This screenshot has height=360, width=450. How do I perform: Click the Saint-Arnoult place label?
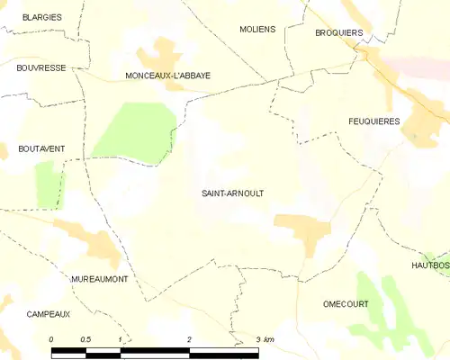coord(233,193)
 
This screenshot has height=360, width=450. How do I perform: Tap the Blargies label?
coord(41,17)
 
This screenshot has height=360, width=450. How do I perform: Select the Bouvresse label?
coord(40,67)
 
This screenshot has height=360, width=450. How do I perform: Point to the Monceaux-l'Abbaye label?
coord(168,76)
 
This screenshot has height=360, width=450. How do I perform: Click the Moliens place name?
coord(257,30)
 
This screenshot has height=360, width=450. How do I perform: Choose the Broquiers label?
coord(338,33)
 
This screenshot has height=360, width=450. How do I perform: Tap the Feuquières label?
coord(373,121)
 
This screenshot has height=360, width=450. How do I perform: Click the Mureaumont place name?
coord(99,280)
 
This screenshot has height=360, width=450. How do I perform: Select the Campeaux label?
coord(49,314)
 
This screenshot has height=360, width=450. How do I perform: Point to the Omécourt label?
coord(346,304)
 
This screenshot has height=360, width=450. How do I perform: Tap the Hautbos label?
coord(430,265)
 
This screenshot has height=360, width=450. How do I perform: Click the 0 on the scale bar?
coord(51,338)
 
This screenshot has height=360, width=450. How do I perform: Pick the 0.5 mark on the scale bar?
coord(85,338)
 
